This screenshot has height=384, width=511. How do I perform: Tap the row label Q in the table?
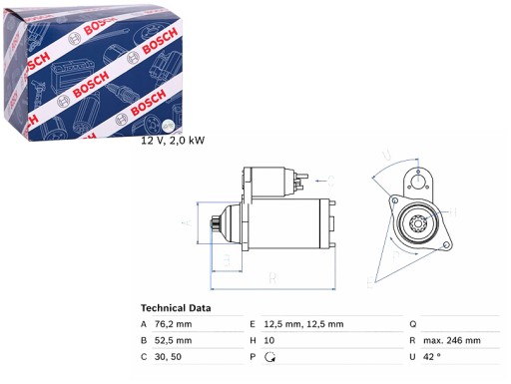tap(411, 325)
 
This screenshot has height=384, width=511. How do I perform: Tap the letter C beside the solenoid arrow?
tap(331, 182)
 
